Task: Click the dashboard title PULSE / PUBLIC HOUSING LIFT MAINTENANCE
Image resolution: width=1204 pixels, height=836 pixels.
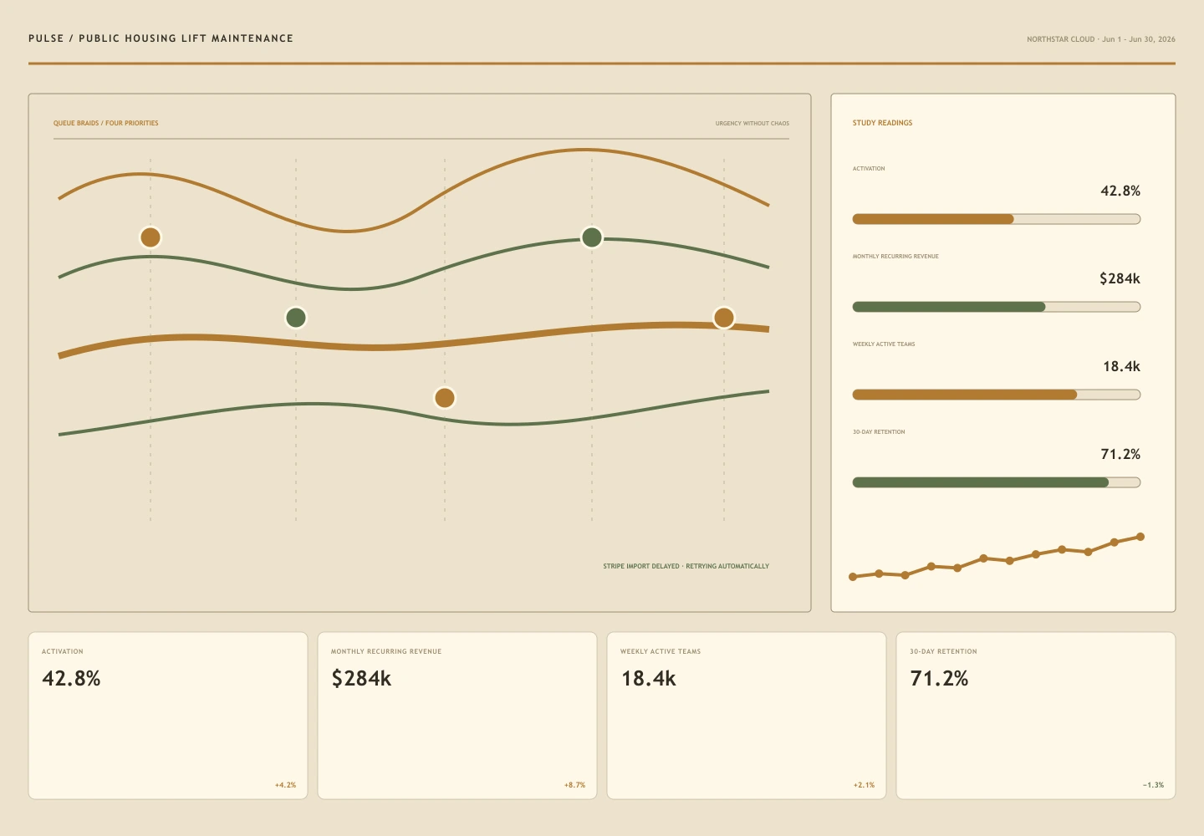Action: (x=161, y=38)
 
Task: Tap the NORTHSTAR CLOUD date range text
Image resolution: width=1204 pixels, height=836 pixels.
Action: (x=1101, y=39)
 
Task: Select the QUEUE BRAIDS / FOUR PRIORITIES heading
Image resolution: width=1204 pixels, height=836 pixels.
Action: (x=106, y=123)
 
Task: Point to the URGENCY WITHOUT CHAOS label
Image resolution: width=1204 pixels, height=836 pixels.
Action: (x=752, y=124)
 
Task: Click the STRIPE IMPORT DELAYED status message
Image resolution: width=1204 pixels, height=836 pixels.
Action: (x=686, y=566)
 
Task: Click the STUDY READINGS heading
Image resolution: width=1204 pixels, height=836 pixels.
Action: (x=882, y=123)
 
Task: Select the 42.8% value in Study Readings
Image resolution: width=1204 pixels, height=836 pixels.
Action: (x=1120, y=191)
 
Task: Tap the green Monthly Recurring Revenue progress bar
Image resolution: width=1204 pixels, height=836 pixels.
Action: (x=949, y=307)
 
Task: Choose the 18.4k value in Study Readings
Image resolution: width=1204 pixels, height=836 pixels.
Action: (x=1121, y=366)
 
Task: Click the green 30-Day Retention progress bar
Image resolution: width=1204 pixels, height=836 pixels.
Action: (x=981, y=482)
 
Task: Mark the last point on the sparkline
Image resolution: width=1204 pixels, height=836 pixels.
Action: (x=1140, y=537)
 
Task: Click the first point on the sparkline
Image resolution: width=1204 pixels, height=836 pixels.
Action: (x=853, y=577)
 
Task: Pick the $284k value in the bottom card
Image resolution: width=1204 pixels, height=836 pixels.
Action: (x=361, y=678)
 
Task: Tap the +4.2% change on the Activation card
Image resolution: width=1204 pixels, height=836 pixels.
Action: (x=285, y=785)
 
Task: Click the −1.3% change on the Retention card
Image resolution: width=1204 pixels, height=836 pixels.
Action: (x=1153, y=785)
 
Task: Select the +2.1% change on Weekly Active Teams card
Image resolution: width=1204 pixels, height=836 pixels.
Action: (x=864, y=785)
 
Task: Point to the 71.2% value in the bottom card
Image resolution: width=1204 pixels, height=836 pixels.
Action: (x=939, y=678)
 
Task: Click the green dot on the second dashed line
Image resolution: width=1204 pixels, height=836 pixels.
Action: (x=296, y=318)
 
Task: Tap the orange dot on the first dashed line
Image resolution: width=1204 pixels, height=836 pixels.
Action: (x=150, y=237)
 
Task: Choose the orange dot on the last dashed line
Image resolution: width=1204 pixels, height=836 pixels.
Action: (x=724, y=318)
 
